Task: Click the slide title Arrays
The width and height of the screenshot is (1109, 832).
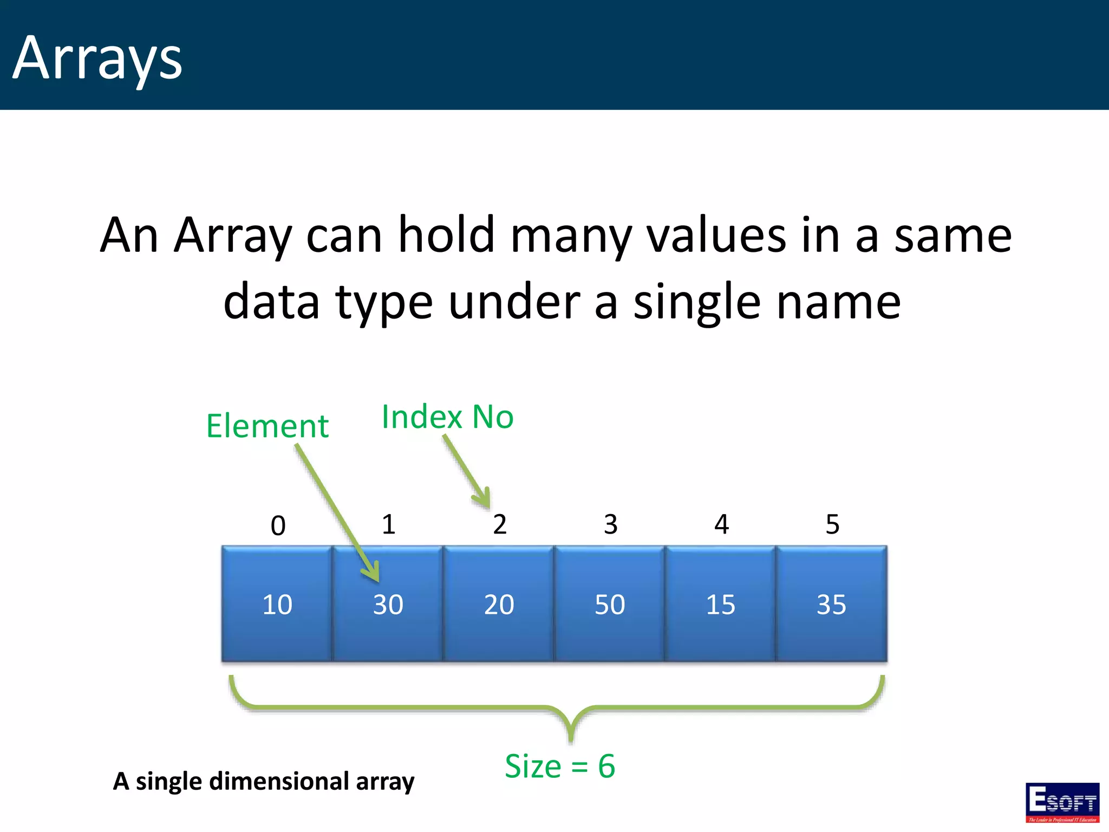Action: click(x=97, y=58)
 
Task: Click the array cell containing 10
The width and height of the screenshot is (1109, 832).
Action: click(x=277, y=604)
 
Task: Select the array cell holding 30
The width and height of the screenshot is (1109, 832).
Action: click(x=388, y=604)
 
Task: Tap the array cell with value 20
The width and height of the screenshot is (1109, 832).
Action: click(x=499, y=604)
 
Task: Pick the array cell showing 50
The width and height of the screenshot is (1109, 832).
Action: click(x=610, y=604)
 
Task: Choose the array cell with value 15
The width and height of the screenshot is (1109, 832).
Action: click(x=720, y=604)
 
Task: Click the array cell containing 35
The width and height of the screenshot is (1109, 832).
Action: click(x=831, y=604)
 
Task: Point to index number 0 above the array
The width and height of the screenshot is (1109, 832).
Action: click(x=278, y=525)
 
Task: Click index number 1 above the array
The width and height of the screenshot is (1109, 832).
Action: click(x=388, y=524)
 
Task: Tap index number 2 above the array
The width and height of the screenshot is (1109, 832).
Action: click(x=499, y=524)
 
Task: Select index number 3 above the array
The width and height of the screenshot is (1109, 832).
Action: click(x=610, y=524)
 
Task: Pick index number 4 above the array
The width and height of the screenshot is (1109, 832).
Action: click(x=721, y=524)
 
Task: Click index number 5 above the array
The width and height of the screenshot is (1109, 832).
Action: click(x=832, y=524)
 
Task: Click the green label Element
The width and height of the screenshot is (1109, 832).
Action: click(x=267, y=426)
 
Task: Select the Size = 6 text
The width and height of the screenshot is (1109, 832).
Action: click(x=559, y=766)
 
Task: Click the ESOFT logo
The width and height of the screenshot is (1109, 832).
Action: click(x=1062, y=802)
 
